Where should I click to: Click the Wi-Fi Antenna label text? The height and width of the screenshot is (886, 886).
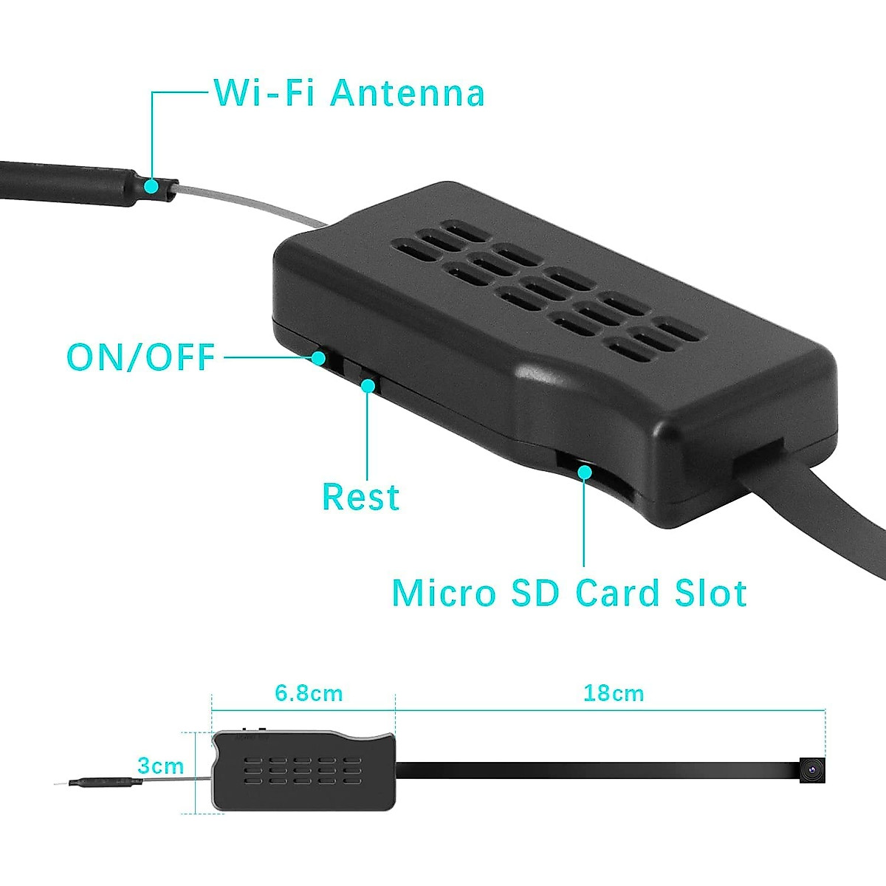[x=349, y=94]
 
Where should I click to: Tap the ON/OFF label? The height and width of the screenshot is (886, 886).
[x=140, y=357]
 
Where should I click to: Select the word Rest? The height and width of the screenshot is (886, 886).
[x=360, y=497]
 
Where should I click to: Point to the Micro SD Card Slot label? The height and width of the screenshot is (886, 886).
[x=569, y=593]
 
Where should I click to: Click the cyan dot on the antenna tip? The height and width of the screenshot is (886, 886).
[x=151, y=186]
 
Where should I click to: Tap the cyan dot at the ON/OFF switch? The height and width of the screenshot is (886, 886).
[x=319, y=358]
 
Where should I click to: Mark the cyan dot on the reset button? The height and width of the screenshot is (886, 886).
[x=367, y=384]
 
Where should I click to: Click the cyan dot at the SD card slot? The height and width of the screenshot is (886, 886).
[x=584, y=470]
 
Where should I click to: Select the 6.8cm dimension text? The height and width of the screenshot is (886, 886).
[x=309, y=694]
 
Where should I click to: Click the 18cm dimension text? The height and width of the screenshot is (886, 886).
[x=614, y=693]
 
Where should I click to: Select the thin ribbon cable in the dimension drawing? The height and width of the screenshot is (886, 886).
[x=591, y=770]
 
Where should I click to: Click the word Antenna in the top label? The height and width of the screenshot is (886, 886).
[x=407, y=94]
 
